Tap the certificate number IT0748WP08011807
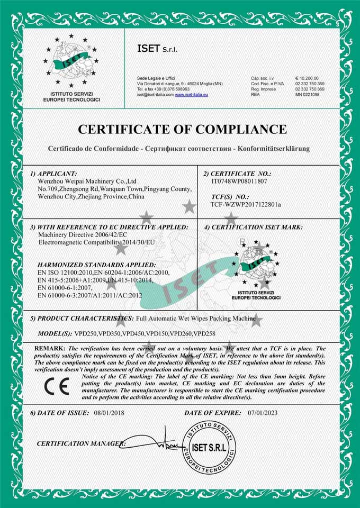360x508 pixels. point(239,181)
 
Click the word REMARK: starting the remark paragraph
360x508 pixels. point(50,349)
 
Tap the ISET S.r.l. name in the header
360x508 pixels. point(157,49)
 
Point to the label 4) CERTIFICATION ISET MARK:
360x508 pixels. point(254,226)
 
